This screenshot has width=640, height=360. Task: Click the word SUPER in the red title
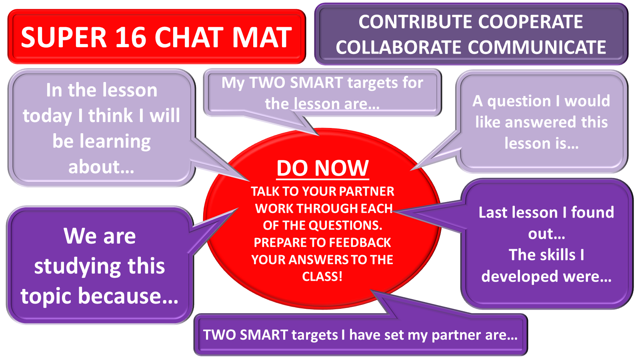coord(64,38)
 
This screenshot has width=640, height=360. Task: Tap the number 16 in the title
coord(131,38)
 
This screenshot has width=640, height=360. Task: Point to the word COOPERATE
coord(530,22)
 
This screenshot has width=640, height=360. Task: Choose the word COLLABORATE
coord(398,47)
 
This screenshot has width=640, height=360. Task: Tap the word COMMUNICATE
coord(537,47)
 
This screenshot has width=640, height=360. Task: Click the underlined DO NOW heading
coord(322,168)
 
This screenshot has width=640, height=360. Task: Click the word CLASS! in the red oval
coord(322,276)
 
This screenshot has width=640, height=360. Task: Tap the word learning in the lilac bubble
coord(115,142)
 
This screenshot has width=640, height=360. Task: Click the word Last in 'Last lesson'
coord(491,212)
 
